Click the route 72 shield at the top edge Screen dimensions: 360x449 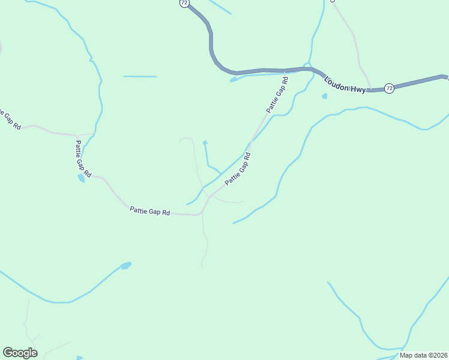click(x=183, y=3)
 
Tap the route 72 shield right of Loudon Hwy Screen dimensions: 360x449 click(x=390, y=88)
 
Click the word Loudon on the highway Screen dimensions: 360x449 click(x=336, y=83)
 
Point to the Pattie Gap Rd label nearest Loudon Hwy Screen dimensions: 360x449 click(x=278, y=95)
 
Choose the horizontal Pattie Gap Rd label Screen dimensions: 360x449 click(x=150, y=212)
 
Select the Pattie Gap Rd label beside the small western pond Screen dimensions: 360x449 click(x=83, y=158)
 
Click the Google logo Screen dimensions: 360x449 click(x=20, y=353)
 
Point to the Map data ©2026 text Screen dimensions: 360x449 click(x=424, y=355)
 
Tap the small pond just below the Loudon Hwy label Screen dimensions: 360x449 click(x=325, y=96)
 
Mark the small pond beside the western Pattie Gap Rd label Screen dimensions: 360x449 click(x=81, y=178)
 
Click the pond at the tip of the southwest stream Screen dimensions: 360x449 click(x=125, y=265)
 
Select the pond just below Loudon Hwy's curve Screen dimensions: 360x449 click(x=234, y=80)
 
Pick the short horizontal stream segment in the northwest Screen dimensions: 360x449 click(x=140, y=77)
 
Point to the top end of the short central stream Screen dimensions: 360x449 click(x=205, y=143)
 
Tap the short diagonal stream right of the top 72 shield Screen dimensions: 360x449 click(x=219, y=7)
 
